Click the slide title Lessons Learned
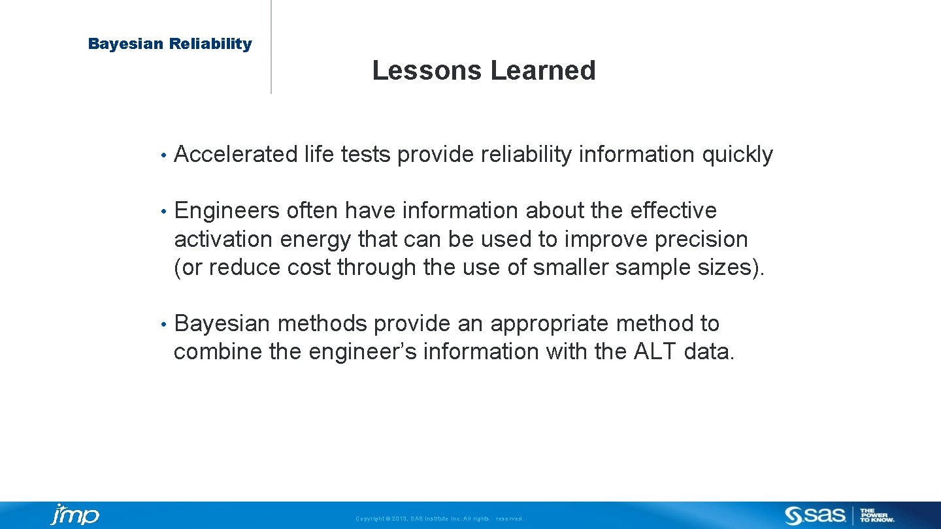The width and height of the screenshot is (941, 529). click(484, 71)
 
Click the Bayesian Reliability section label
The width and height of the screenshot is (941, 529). click(170, 44)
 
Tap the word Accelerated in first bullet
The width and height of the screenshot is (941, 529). click(236, 155)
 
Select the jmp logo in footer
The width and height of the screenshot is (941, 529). click(74, 515)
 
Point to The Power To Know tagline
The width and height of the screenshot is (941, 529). click(877, 515)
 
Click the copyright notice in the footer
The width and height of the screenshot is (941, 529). click(439, 519)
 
